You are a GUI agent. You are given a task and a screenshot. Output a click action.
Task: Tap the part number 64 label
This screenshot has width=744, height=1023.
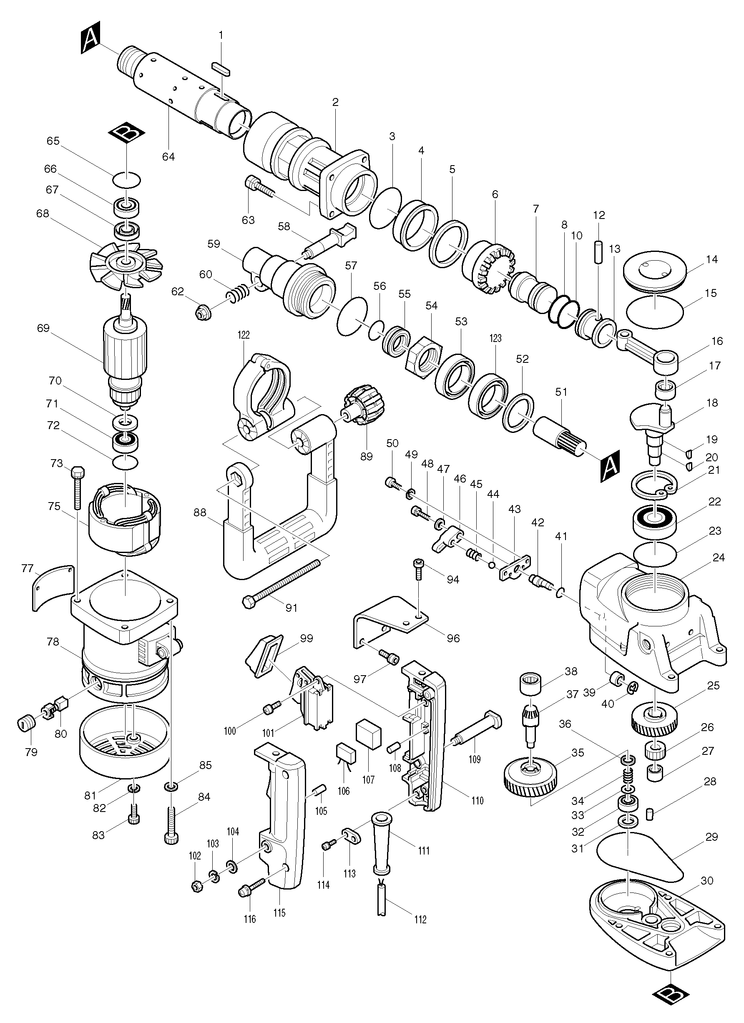(x=168, y=156)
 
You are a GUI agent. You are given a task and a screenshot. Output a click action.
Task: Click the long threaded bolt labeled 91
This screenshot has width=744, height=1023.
(x=282, y=581)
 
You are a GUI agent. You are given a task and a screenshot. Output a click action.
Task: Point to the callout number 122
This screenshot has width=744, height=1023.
(x=244, y=335)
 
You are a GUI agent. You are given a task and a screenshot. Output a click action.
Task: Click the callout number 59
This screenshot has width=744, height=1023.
(x=214, y=244)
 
